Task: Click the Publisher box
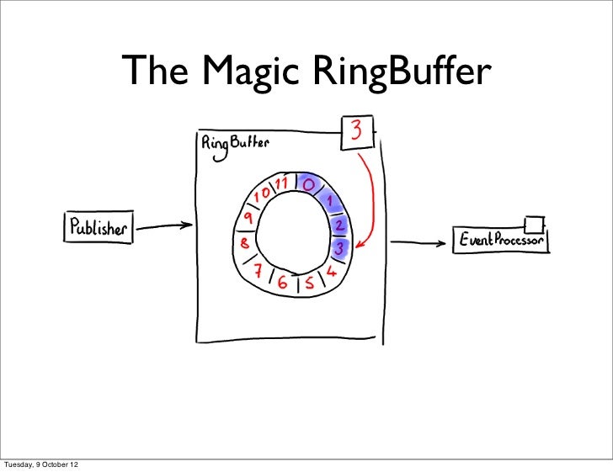[99, 227]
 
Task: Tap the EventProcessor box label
[501, 241]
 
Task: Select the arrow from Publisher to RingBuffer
[164, 226]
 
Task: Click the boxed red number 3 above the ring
[356, 132]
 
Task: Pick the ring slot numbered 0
[309, 183]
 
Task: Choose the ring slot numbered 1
[329, 201]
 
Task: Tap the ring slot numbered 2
[338, 225]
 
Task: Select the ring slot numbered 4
[331, 273]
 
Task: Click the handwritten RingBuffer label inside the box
[235, 144]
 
